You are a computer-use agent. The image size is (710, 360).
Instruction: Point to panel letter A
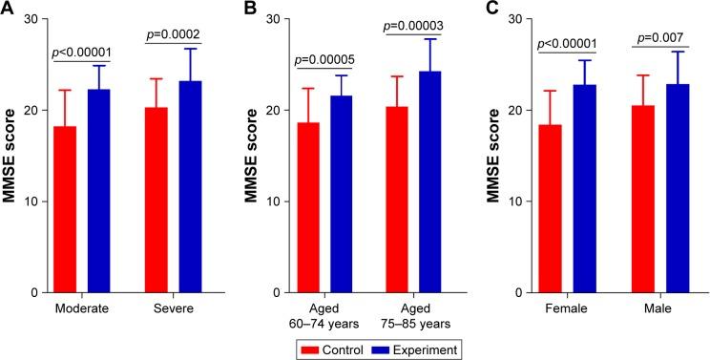8,9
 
